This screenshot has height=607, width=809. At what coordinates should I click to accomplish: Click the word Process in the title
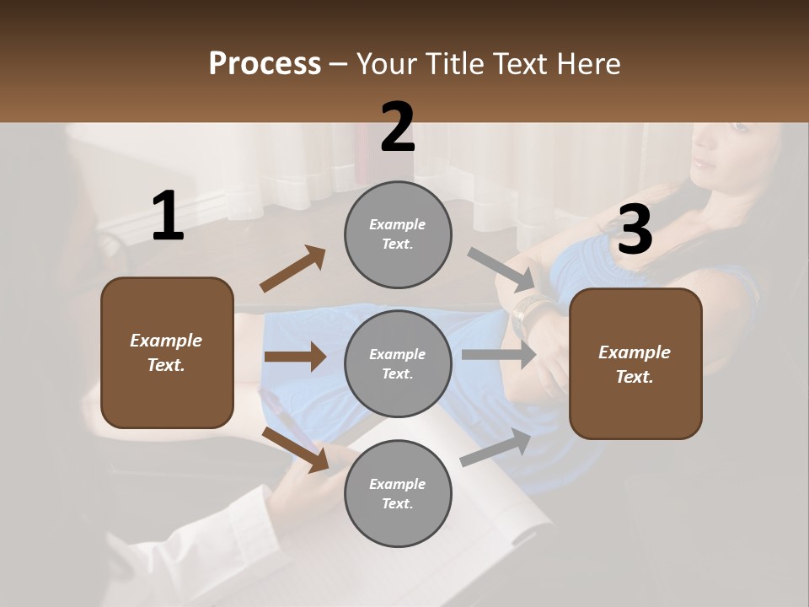click(265, 64)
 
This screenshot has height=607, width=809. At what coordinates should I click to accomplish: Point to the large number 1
click(168, 217)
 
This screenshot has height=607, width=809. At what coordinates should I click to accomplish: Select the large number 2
click(398, 128)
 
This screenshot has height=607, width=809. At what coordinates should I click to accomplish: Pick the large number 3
click(635, 230)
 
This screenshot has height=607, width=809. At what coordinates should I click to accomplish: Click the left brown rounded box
click(167, 352)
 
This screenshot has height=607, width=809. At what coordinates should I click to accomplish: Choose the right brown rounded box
click(635, 363)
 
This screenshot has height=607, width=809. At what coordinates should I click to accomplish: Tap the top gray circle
click(398, 234)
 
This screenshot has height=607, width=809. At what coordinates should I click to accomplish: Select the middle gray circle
click(398, 363)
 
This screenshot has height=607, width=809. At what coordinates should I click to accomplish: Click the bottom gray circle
click(398, 493)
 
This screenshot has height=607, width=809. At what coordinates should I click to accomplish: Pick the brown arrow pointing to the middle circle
click(295, 357)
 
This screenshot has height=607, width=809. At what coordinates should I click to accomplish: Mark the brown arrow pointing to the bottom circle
click(295, 449)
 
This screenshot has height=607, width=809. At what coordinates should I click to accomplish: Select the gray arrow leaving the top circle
click(501, 269)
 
